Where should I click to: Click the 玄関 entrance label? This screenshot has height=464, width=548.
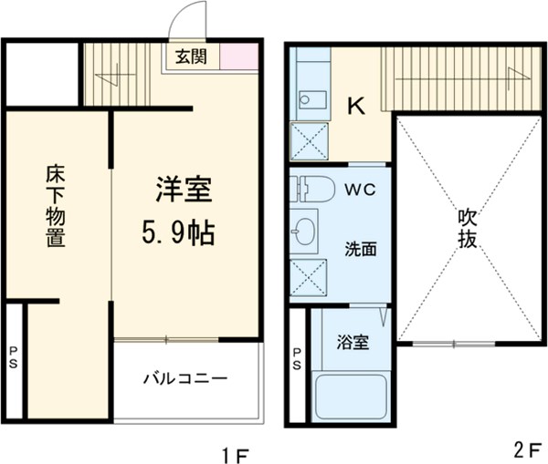click(191, 57)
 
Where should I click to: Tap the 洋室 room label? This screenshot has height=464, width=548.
click(183, 192)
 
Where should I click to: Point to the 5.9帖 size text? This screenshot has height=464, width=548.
click(177, 234)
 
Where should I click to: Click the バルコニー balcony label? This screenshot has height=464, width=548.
click(184, 379)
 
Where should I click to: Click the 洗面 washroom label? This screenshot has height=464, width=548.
click(357, 247)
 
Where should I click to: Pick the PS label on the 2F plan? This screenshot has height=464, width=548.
click(298, 359)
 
